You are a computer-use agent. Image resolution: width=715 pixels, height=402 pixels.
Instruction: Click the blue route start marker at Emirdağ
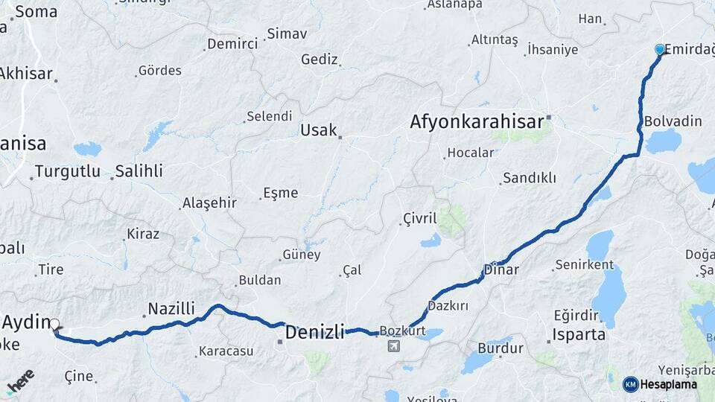pos(659,49)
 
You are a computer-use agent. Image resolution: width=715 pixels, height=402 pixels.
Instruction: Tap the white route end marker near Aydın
pos(54,324)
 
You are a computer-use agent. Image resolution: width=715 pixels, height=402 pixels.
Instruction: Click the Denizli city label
pos(315,331)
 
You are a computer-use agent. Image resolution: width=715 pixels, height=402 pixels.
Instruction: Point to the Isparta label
pos(579,334)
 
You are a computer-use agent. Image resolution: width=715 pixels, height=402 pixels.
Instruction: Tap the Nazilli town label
pos(171,308)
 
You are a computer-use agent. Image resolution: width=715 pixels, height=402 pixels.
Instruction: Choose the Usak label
pos(319,130)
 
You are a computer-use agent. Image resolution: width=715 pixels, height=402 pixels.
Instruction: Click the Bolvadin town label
pos(673,121)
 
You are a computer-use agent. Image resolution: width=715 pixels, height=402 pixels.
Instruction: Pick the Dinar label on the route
pos(500,269)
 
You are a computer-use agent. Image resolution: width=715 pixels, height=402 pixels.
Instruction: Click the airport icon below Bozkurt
pos(393,345)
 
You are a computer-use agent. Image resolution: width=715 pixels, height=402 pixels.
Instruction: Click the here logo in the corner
pos(20,381)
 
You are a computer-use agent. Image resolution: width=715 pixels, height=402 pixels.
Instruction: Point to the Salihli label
pos(139,171)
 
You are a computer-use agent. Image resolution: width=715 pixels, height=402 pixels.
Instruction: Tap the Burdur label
pos(500,348)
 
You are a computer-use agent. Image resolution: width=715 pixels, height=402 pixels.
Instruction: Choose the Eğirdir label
pos(576,315)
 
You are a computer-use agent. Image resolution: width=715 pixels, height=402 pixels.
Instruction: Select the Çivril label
pos(419,218)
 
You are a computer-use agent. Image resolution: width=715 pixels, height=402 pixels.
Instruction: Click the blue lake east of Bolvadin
pos(663,141)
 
